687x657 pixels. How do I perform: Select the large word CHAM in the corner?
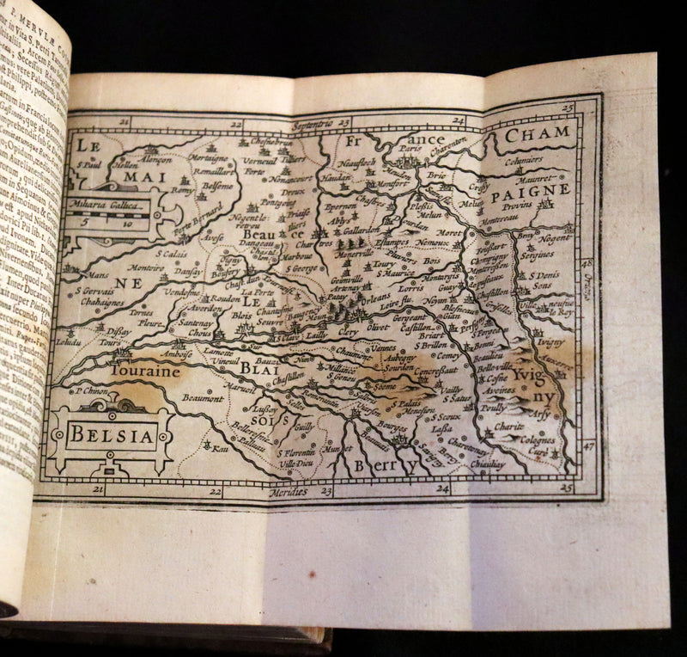(x=538, y=133)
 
